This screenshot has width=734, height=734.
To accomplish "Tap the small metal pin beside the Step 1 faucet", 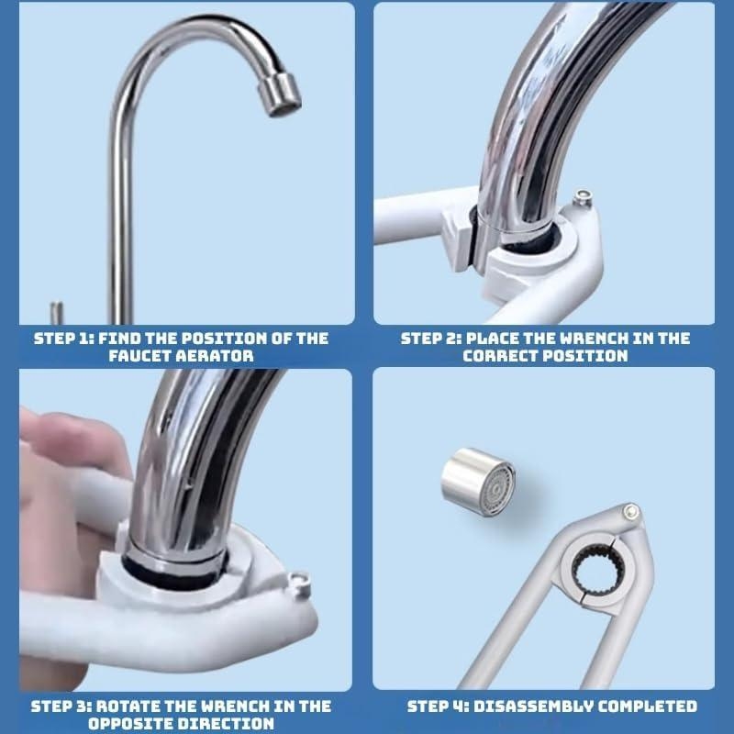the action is point(57,313).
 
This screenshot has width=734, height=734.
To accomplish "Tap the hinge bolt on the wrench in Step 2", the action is point(583,197).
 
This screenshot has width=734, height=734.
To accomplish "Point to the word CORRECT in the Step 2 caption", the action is point(501,356).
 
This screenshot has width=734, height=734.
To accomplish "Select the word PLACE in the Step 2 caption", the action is point(492,339).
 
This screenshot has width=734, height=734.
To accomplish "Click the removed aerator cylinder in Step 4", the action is point(478,482).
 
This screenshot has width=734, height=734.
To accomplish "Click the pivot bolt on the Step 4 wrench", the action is point(630,512).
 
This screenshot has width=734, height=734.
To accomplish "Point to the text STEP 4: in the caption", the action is point(439,706).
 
